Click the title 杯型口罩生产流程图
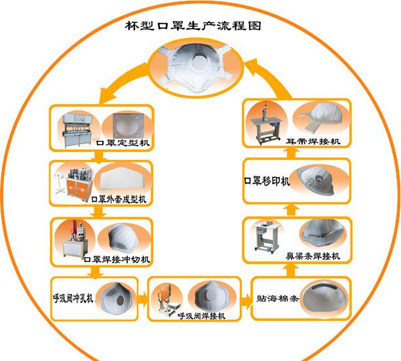click(x=193, y=26)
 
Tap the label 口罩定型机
click(x=123, y=143)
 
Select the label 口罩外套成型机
click(x=119, y=199)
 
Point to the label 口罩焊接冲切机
click(x=117, y=259)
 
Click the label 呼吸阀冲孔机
click(x=73, y=298)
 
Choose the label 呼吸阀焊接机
click(x=202, y=316)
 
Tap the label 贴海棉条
click(x=277, y=298)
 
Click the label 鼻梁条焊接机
click(x=313, y=256)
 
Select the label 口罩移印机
click(x=267, y=181)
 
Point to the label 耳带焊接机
click(x=313, y=141)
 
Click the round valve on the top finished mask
click(x=200, y=63)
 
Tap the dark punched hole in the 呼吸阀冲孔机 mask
click(x=121, y=301)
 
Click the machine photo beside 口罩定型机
click(x=77, y=130)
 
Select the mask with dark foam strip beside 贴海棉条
click(x=324, y=298)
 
